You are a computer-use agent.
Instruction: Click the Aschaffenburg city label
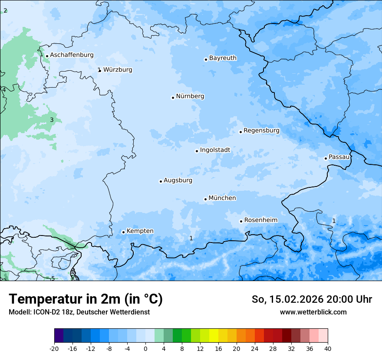pyautogui.click(x=72, y=55)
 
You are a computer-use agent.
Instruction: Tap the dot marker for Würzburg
pyautogui.click(x=100, y=70)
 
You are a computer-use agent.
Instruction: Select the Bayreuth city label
pyautogui.click(x=223, y=58)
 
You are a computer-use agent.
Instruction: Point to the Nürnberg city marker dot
pyautogui.click(x=173, y=98)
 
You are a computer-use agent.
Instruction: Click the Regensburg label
pyautogui.click(x=261, y=131)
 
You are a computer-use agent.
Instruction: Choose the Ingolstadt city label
pyautogui.click(x=215, y=150)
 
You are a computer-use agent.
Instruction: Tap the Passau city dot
pyautogui.click(x=326, y=158)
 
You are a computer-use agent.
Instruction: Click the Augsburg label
pyautogui.click(x=178, y=180)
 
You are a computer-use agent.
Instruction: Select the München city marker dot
pyautogui.click(x=205, y=199)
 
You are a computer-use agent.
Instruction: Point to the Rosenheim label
pyautogui.click(x=260, y=220)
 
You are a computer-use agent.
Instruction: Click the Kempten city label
pyautogui.click(x=140, y=231)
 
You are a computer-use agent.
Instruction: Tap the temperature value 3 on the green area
pyautogui.click(x=52, y=120)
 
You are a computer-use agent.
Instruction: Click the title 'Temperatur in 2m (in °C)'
pyautogui.click(x=86, y=299)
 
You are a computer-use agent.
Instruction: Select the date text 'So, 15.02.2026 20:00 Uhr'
pyautogui.click(x=312, y=299)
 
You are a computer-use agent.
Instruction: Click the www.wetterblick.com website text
pyautogui.click(x=313, y=312)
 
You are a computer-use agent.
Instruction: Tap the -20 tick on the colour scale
pyautogui.click(x=54, y=348)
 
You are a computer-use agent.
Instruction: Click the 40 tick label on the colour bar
pyautogui.click(x=328, y=348)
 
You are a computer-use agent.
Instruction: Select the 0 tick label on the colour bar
pyautogui.click(x=145, y=348)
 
